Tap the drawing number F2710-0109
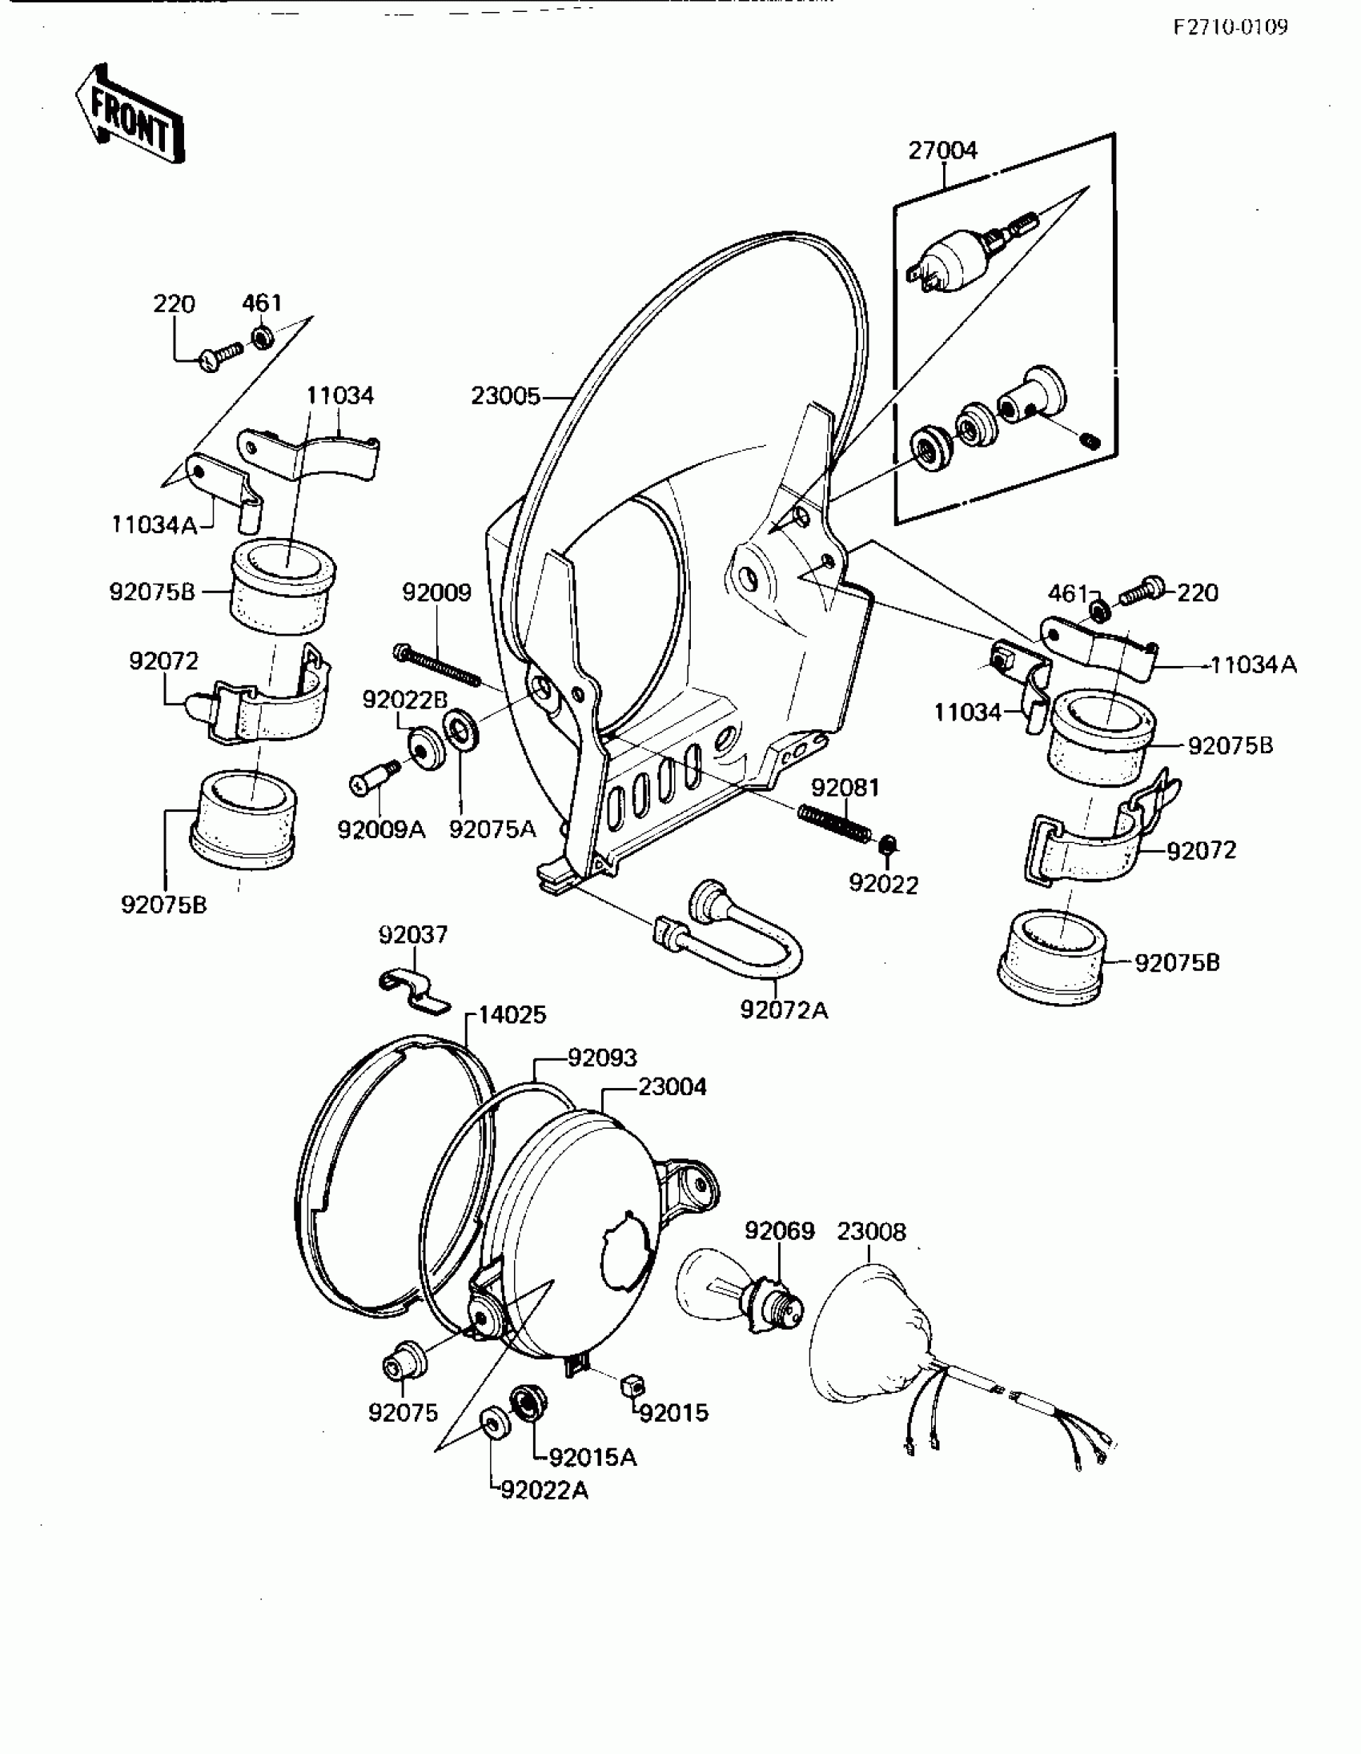point(1231,27)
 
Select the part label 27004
point(942,151)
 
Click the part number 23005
point(505,396)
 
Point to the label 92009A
point(380,829)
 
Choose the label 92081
point(845,788)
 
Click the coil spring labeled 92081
point(834,824)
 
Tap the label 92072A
point(784,1010)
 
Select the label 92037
point(413,935)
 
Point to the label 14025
point(512,1015)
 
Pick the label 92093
point(602,1058)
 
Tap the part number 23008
point(871,1231)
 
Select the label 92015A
point(593,1458)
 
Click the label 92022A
point(544,1491)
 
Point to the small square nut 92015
point(632,1384)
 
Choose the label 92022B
point(404,700)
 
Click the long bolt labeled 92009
point(438,666)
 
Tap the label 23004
point(672,1087)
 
